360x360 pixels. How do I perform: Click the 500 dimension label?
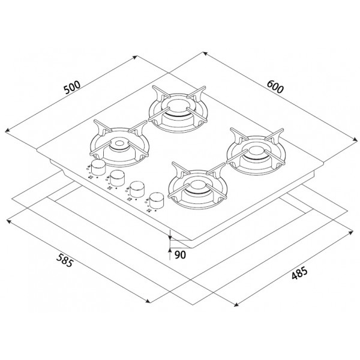(72, 88)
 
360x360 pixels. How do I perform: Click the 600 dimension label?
(275, 86)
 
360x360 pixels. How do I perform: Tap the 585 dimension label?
(65, 260)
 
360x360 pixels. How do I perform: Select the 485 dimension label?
(299, 273)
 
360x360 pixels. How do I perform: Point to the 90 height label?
(180, 255)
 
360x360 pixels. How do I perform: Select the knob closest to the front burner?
(157, 200)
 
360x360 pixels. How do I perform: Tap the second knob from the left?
(118, 178)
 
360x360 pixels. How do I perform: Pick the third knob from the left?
(137, 189)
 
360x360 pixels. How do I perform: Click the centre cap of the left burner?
(119, 144)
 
